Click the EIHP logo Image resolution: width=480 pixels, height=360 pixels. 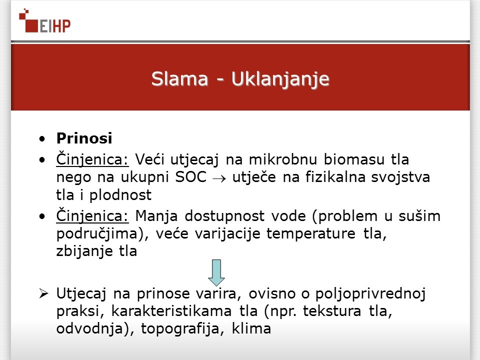[44, 21]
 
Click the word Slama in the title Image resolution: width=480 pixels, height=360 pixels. [179, 79]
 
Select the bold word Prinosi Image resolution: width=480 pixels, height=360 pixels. [84, 138]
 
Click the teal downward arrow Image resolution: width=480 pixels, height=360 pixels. [216, 273]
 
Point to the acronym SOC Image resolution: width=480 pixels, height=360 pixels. [190, 177]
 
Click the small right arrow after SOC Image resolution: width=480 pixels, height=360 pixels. [219, 178]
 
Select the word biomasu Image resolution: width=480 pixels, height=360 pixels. [354, 159]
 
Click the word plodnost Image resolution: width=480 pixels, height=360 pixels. [120, 195]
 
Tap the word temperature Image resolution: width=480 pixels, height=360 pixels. [310, 234]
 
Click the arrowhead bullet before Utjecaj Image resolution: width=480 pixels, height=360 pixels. [44, 293]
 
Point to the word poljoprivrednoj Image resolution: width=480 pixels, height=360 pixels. [370, 294]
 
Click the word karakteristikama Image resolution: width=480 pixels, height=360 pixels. [171, 311]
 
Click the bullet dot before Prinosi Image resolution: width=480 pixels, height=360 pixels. [42, 138]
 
